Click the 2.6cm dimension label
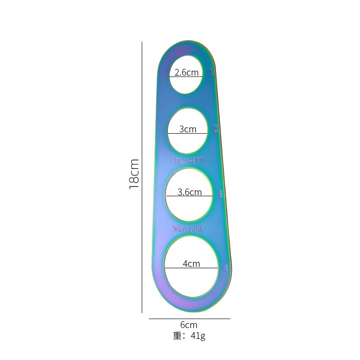(186, 72)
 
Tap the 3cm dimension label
(188, 129)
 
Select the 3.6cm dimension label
(189, 192)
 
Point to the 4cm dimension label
(191, 264)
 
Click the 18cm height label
(134, 174)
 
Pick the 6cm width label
(189, 325)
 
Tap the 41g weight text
(198, 336)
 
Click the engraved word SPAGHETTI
(188, 161)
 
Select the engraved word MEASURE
(189, 229)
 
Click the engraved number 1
(211, 72)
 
